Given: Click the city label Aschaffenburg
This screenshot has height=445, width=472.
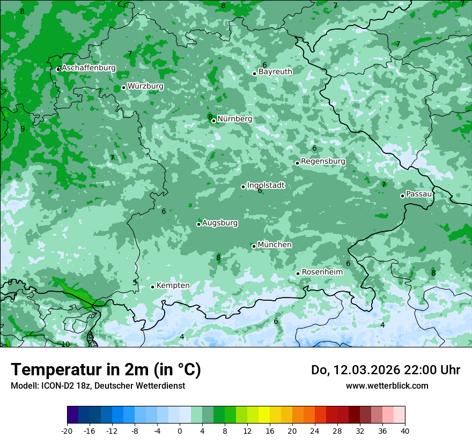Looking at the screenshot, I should pyautogui.click(x=88, y=68).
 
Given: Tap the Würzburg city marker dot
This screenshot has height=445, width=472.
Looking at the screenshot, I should pyautogui.click(x=123, y=87).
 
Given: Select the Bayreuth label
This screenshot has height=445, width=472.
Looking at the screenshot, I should pyautogui.click(x=275, y=71).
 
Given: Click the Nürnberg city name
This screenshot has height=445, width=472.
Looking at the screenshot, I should pyautogui.click(x=234, y=119).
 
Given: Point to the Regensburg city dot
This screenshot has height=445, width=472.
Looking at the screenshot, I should pyautogui.click(x=297, y=163).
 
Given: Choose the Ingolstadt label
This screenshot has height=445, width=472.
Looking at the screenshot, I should pyautogui.click(x=265, y=186).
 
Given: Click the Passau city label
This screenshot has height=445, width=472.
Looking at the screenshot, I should pyautogui.click(x=419, y=194).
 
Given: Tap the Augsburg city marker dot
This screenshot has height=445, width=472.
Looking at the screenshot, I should pyautogui.click(x=198, y=224).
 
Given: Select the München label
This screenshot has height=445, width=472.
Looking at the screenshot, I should pyautogui.click(x=275, y=245).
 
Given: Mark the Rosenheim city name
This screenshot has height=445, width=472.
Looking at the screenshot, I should pyautogui.click(x=322, y=272).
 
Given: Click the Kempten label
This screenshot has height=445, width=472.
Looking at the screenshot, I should pyautogui.click(x=173, y=286).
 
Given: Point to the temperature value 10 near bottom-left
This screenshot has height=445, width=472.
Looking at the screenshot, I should pyautogui.click(x=65, y=344).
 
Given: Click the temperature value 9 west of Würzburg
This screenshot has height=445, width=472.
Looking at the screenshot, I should pyautogui.click(x=23, y=129).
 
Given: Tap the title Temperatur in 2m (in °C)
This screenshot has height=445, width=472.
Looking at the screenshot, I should pyautogui.click(x=106, y=370).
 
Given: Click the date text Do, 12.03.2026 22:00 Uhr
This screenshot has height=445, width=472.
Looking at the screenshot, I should pyautogui.click(x=385, y=370).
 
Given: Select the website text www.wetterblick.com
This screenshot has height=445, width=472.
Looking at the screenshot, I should pyautogui.click(x=387, y=385).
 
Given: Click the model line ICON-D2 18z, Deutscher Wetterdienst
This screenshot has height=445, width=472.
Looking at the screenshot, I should pyautogui.click(x=98, y=385).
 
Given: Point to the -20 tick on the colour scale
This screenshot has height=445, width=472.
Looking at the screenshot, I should pyautogui.click(x=67, y=431).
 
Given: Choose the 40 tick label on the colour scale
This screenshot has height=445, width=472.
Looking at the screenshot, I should pyautogui.click(x=404, y=431).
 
